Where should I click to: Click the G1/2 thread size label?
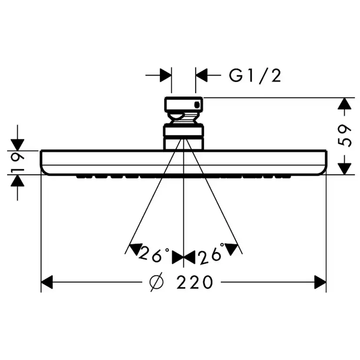pos(255,76)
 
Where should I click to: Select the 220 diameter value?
pos(195,282)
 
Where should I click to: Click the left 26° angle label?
pos(154,254)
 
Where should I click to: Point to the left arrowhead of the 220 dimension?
pos(47,282)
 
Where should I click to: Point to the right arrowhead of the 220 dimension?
pos(320,282)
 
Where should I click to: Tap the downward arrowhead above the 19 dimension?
pos(17,144)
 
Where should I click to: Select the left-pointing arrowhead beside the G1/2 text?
pos(201,76)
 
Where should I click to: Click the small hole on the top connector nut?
pos(198,104)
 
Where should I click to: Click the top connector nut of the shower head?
pos(183,104)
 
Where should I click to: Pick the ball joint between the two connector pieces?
pos(183,118)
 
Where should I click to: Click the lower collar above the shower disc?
pos(183,137)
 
